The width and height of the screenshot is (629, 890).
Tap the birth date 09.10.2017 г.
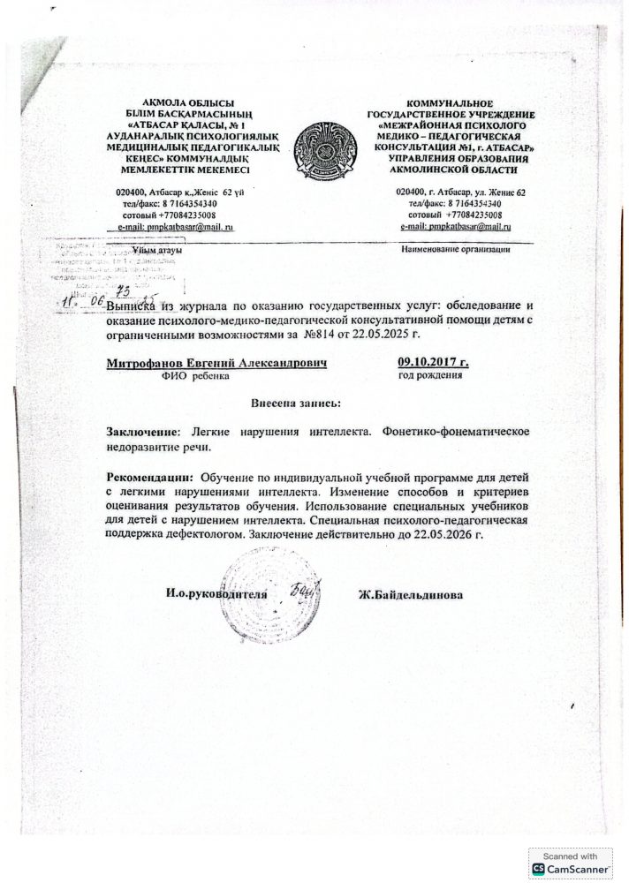click(434, 362)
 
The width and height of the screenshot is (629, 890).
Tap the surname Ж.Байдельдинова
click(411, 594)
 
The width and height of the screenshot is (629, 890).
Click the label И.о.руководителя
click(216, 594)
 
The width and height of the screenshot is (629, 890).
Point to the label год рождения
click(431, 376)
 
